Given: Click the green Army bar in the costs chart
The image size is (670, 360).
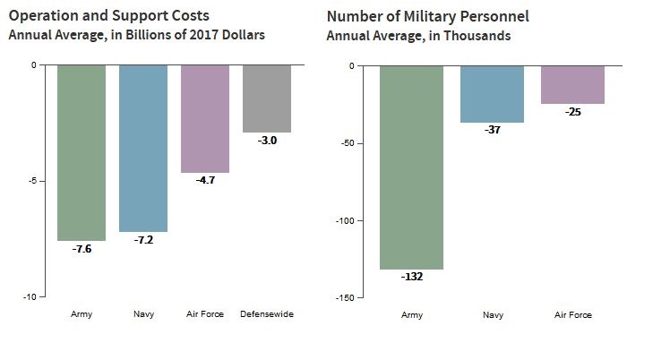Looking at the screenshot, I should click(82, 152).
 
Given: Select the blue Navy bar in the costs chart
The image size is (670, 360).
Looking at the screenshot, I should click(143, 148).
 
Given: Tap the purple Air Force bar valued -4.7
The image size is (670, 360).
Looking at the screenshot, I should click(205, 118).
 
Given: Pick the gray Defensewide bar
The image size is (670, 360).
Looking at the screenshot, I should click(267, 99).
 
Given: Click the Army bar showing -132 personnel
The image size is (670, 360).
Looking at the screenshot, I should click(411, 167).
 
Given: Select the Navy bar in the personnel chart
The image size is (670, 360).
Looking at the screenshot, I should click(492, 94).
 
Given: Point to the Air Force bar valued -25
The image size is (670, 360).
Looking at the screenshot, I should click(572, 85).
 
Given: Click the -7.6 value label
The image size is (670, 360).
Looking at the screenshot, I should click(82, 249).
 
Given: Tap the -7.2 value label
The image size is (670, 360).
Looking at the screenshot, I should click(143, 240).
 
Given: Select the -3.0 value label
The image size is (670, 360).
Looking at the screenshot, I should click(267, 141).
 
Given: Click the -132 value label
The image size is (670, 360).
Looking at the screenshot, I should click(411, 277).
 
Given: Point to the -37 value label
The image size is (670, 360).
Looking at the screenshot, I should click(492, 131).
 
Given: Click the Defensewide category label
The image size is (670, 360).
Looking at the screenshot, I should click(267, 314).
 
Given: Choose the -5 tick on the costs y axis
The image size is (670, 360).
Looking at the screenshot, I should click(31, 181).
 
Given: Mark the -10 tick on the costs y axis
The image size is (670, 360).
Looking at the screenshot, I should click(30, 296).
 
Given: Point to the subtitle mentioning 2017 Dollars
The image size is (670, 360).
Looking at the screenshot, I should click(137, 36).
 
